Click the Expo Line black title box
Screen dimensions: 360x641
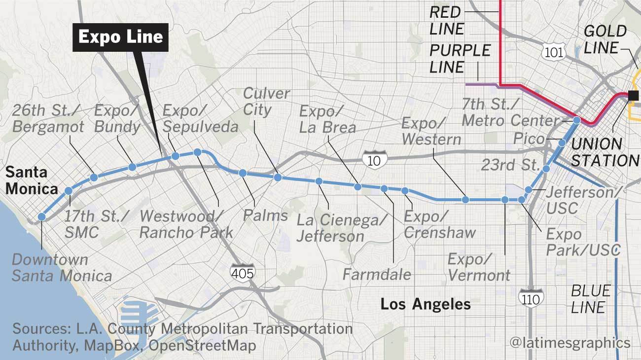pos(121,37)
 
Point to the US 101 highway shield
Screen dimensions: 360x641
pos(551,52)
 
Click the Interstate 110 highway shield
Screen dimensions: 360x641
pos(531,297)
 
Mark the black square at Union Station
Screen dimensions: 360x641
pos(633,95)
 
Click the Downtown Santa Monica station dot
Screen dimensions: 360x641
pos(42,216)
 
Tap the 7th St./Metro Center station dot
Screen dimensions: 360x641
pos(577,120)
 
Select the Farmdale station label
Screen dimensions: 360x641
pos(377,274)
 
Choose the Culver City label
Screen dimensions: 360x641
pos(266,102)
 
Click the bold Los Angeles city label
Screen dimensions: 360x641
pos(425,304)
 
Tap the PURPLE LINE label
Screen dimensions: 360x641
pos(460,59)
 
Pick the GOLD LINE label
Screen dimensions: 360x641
pos(605,39)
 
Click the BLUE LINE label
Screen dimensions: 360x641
pos(590,299)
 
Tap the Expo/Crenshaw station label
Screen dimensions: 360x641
pos(439,224)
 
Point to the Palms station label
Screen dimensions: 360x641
pos(265,215)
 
